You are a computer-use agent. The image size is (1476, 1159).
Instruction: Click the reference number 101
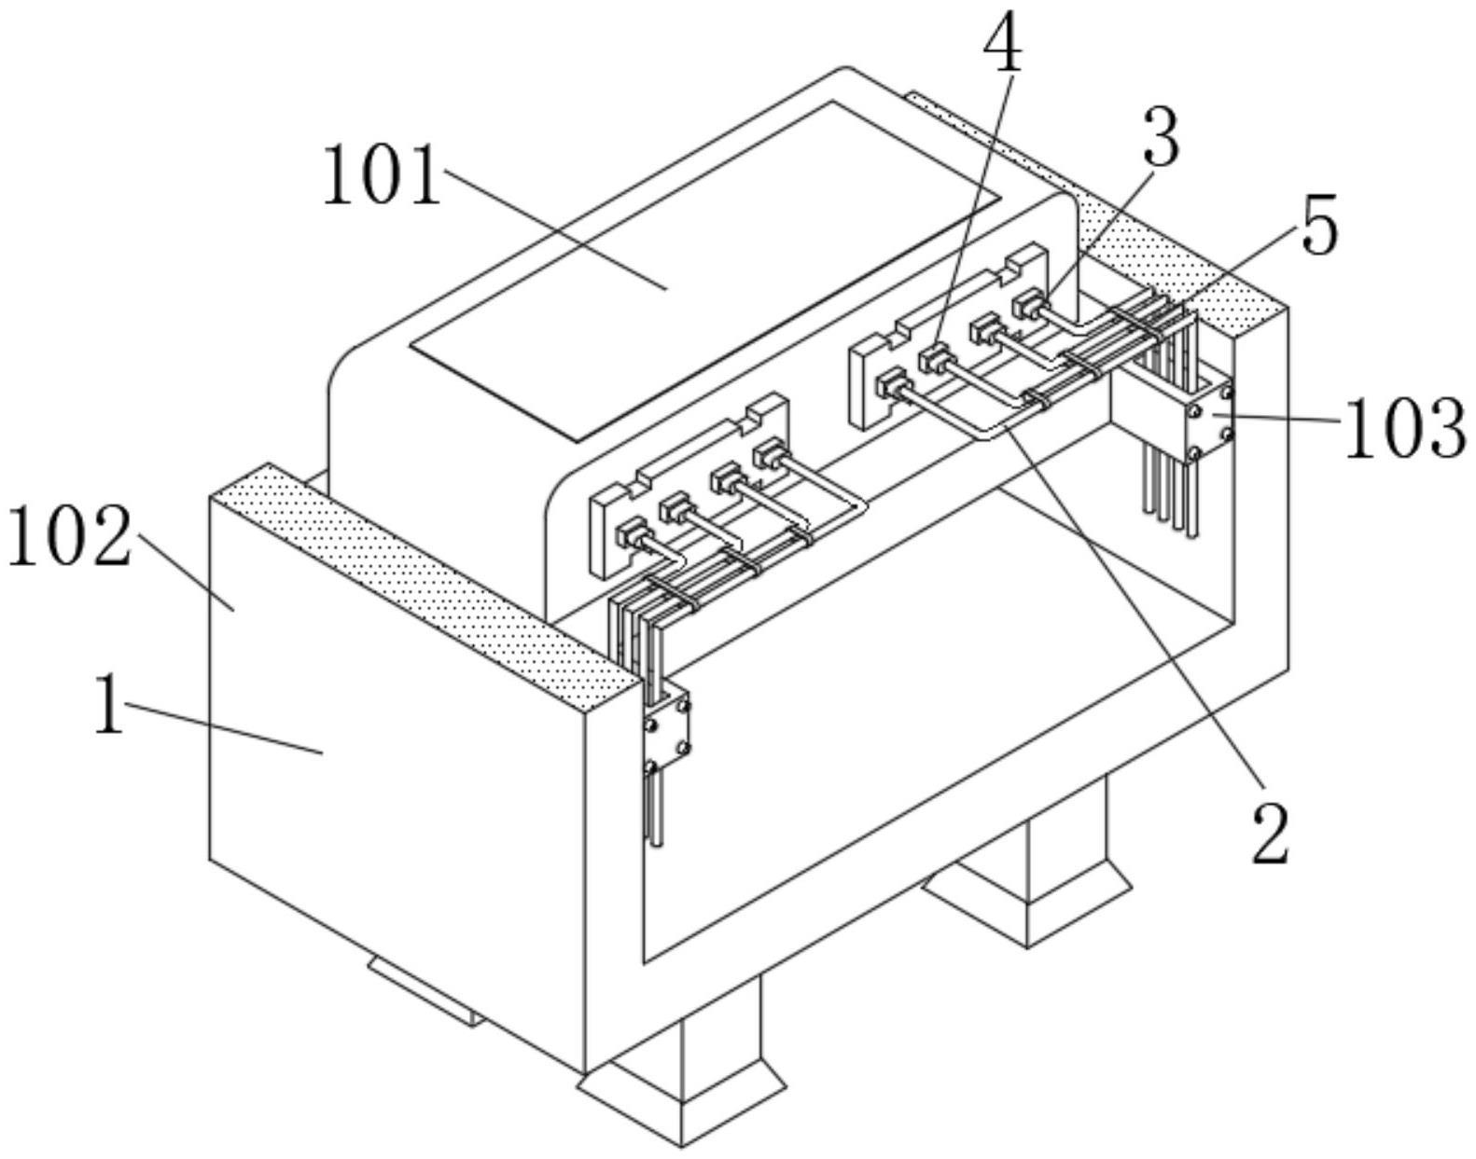(x=382, y=176)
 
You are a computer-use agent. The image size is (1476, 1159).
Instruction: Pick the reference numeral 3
(x=1161, y=138)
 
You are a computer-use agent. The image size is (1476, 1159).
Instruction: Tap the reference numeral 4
(x=1003, y=42)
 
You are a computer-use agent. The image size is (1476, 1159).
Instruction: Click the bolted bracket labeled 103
(x=1210, y=421)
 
